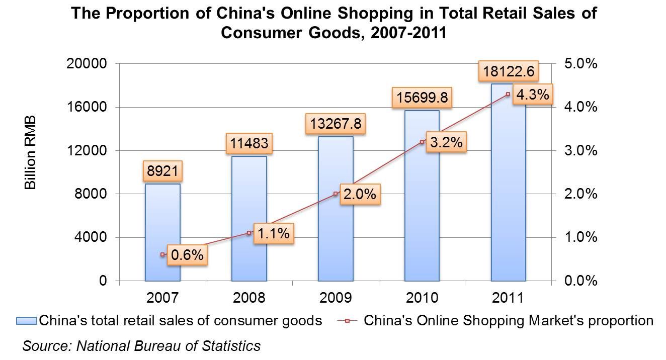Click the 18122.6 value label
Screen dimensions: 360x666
coord(509,71)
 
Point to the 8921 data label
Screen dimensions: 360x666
coord(162,171)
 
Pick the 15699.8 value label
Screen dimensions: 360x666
coord(422,98)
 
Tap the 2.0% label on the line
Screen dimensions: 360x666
coord(360,194)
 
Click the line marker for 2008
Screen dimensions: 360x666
coord(249,233)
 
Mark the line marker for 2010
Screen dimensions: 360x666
coord(422,142)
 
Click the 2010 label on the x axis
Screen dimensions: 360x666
coord(422,298)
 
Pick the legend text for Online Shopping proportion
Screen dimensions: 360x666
coord(508,321)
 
